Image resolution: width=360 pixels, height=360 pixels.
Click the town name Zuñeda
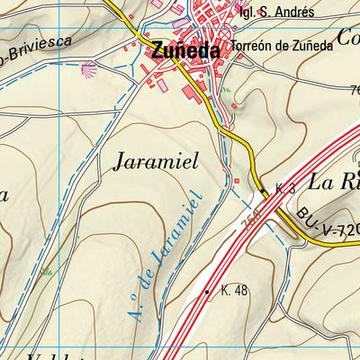pos(186,51)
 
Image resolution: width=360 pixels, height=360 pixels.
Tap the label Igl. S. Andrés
pos(276,12)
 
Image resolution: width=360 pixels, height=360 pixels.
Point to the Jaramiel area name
pos(168,162)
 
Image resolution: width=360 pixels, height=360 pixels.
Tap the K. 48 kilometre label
pos(233,290)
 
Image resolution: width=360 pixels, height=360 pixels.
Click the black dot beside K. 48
pos(208,292)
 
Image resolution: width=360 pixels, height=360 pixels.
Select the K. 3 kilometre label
pos(285,188)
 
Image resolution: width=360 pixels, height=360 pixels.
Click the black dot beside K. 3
pos(265,190)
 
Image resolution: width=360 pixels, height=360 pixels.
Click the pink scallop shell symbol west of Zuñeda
pos(88,67)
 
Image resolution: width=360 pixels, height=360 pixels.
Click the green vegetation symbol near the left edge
pos(47,271)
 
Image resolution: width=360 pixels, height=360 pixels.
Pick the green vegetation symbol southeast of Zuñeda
pos(226,90)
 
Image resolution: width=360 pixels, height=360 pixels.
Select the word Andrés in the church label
pos(294,12)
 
